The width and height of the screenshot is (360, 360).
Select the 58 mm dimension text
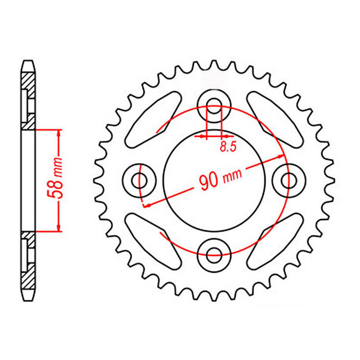[x=63, y=180]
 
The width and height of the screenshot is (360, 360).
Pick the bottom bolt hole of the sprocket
[x=214, y=251]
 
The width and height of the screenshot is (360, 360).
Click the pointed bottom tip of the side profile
[x=28, y=298]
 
